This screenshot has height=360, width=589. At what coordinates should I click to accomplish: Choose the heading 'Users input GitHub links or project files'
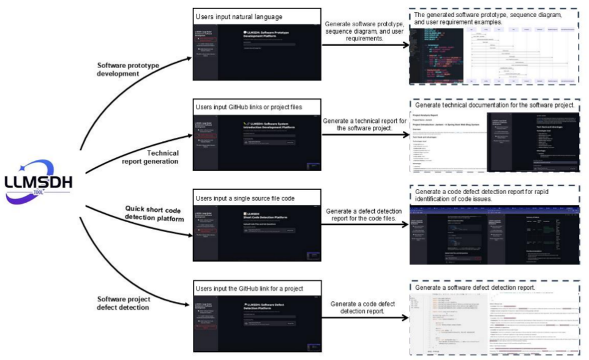(252, 107)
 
